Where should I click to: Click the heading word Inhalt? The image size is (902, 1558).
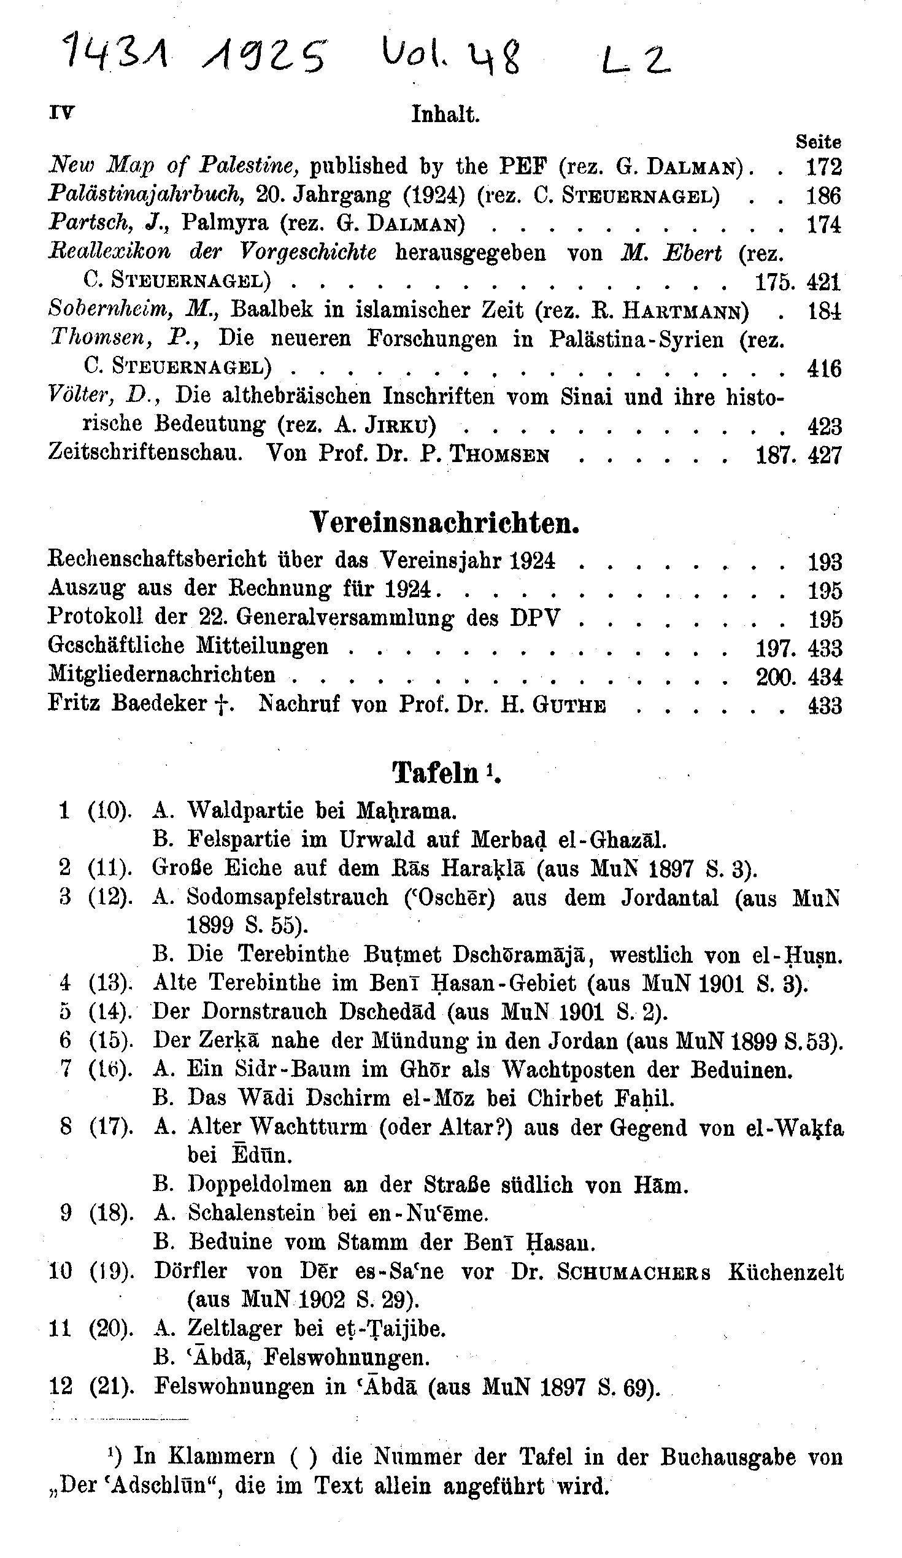445,115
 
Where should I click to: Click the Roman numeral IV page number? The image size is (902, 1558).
61,113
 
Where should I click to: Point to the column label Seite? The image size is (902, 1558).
818,142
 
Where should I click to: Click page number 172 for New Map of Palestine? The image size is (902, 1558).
824,166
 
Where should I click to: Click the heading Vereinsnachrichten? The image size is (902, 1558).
444,523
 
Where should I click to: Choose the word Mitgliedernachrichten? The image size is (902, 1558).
162,674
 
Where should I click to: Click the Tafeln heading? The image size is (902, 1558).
436,773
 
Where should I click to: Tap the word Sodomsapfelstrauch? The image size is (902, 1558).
288,898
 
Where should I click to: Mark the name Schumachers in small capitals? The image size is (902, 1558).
634,1273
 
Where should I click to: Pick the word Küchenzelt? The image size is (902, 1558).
785,1273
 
